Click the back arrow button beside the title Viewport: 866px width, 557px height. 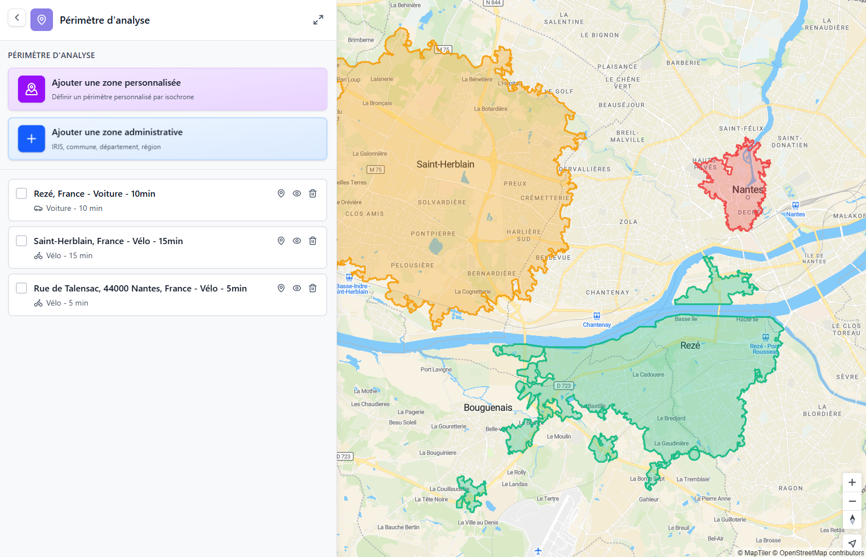tap(17, 18)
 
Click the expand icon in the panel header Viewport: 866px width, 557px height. tap(318, 20)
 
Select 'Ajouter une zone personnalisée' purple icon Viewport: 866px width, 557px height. tap(32, 89)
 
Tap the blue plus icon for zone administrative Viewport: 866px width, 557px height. tap(32, 139)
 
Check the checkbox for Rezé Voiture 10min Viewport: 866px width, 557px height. tap(21, 193)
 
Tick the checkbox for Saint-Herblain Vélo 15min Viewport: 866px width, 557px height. tap(21, 241)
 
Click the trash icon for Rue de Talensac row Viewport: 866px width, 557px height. tap(313, 288)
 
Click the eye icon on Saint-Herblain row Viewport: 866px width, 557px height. tap(297, 241)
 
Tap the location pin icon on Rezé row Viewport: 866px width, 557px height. tap(281, 193)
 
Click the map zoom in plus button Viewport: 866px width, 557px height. tap(852, 483)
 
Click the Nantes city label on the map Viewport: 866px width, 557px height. tap(747, 189)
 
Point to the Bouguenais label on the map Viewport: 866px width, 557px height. tap(488, 408)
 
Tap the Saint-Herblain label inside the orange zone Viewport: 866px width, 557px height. tap(445, 164)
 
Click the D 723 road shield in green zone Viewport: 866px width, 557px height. tap(563, 386)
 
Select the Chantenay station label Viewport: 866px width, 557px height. tap(597, 325)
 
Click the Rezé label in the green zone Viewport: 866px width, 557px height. tap(690, 345)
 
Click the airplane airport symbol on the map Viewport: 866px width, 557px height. tap(538, 551)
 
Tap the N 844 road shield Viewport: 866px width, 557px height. tap(493, 3)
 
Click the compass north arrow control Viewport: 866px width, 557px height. tap(852, 519)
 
